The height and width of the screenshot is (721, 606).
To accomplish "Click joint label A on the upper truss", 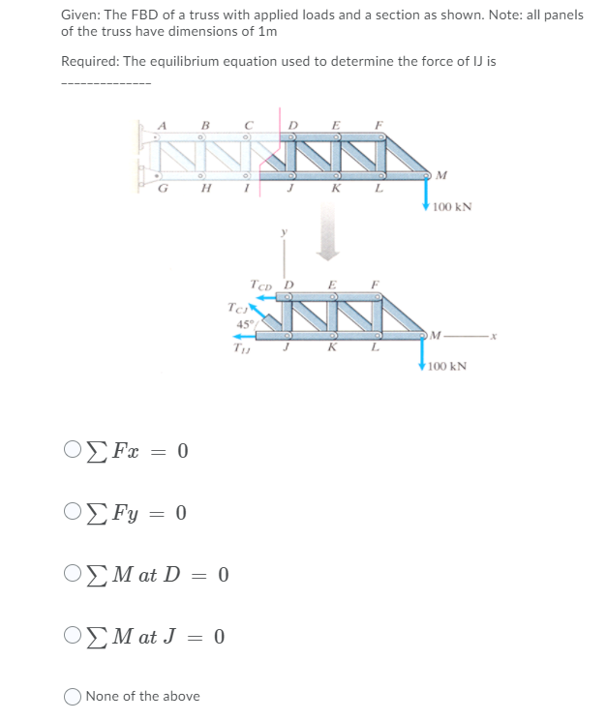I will (x=163, y=123).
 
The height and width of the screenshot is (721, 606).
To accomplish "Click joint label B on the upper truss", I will (x=204, y=123).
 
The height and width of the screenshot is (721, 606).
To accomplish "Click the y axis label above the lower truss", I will (x=284, y=231).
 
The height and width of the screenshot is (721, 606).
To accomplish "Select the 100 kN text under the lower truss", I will (x=446, y=367).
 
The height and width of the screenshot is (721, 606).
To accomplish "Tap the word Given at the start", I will (x=78, y=15).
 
